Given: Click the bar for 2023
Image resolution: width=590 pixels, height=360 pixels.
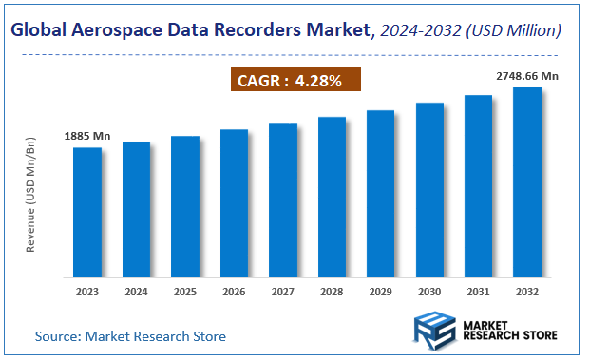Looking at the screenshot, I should pos(87,211).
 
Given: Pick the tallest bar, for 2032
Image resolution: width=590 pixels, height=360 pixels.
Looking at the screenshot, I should pos(527,181).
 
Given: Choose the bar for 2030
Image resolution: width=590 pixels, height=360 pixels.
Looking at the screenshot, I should pos(429,189).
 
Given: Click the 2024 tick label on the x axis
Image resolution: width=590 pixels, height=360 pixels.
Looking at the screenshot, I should pos(136,292).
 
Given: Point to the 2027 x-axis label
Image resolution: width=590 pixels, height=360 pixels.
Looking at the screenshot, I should pos(283,292).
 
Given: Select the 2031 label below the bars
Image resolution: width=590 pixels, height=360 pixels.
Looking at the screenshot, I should pos(478,292).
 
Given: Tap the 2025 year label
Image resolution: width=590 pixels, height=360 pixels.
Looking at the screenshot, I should pos(185,292).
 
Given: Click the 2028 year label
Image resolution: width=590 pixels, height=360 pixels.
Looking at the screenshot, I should pos(332,292).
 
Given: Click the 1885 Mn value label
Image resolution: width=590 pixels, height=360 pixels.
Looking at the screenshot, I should pos(87,137).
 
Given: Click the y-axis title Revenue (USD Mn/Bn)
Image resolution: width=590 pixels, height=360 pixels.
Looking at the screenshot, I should pos(30,196).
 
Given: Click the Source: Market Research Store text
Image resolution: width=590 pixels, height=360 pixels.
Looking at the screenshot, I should pos(130,336).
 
